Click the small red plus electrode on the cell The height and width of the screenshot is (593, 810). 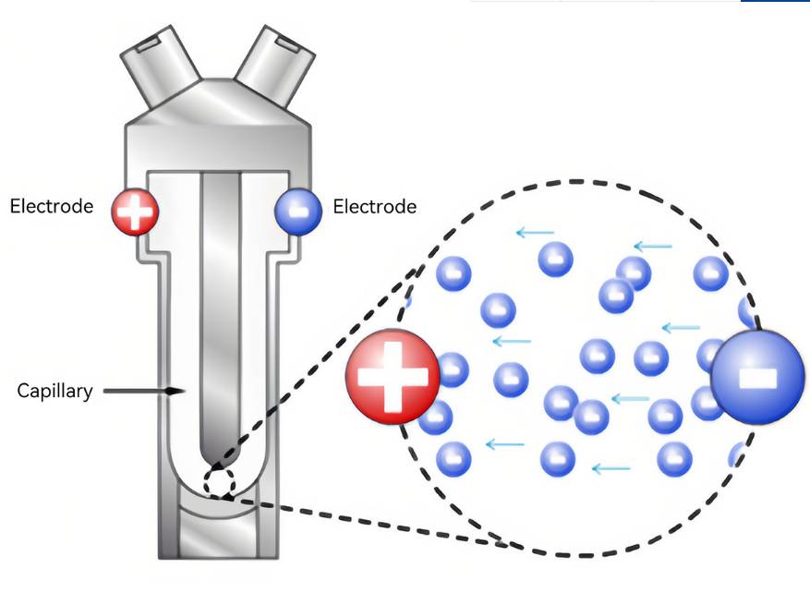click(135, 212)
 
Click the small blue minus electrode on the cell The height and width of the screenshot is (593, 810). click(298, 212)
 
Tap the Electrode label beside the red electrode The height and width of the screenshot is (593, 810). click(52, 206)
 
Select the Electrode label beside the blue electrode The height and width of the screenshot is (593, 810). click(374, 207)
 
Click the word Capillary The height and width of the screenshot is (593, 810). click(55, 391)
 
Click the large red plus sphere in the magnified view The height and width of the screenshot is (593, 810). click(393, 376)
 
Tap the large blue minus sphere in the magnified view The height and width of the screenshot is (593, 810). click(757, 377)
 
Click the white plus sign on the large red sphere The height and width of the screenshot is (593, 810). click(393, 376)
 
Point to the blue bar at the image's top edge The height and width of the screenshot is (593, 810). click(775, 1)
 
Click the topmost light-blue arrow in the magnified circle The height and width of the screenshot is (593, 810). click(535, 232)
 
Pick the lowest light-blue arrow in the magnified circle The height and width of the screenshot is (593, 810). click(611, 468)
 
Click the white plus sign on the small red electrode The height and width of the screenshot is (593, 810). click(135, 212)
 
